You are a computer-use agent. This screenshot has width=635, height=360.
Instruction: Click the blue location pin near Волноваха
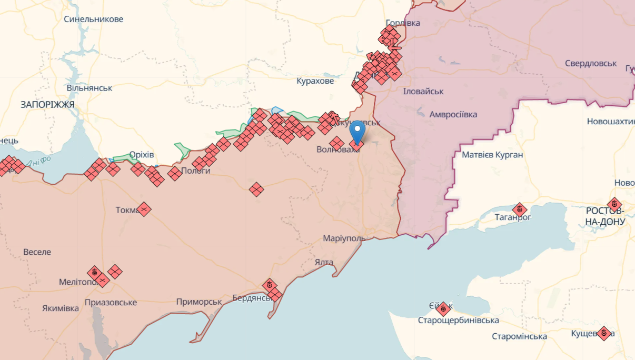click(x=358, y=131)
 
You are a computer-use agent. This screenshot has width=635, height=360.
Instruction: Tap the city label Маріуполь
click(x=344, y=238)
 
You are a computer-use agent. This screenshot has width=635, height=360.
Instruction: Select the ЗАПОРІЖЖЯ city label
click(x=47, y=104)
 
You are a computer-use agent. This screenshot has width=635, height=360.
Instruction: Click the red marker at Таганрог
click(x=520, y=209)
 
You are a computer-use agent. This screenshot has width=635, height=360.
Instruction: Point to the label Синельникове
click(x=93, y=19)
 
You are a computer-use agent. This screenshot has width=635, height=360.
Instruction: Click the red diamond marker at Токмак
click(x=143, y=209)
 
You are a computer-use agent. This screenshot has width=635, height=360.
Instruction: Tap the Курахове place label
click(x=315, y=81)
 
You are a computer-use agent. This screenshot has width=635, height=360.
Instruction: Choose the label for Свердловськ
click(x=591, y=63)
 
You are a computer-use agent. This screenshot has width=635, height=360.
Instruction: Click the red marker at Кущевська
click(x=604, y=333)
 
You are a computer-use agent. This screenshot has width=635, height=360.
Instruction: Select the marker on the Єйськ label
click(x=443, y=308)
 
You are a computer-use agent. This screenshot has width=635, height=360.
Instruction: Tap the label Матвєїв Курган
click(x=492, y=155)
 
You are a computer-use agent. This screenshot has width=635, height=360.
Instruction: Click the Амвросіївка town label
click(x=453, y=114)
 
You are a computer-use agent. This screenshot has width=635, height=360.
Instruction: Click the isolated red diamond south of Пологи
click(x=256, y=189)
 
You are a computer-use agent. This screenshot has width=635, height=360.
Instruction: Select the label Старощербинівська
click(x=459, y=321)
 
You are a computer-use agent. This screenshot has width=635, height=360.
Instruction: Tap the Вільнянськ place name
click(x=90, y=88)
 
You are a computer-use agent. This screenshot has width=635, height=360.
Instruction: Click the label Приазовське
click(x=111, y=302)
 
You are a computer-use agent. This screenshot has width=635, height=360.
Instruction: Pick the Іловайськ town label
click(x=423, y=91)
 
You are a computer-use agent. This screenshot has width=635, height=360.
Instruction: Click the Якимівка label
click(x=61, y=308)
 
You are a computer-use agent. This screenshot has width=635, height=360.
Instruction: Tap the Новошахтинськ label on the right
click(x=611, y=122)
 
